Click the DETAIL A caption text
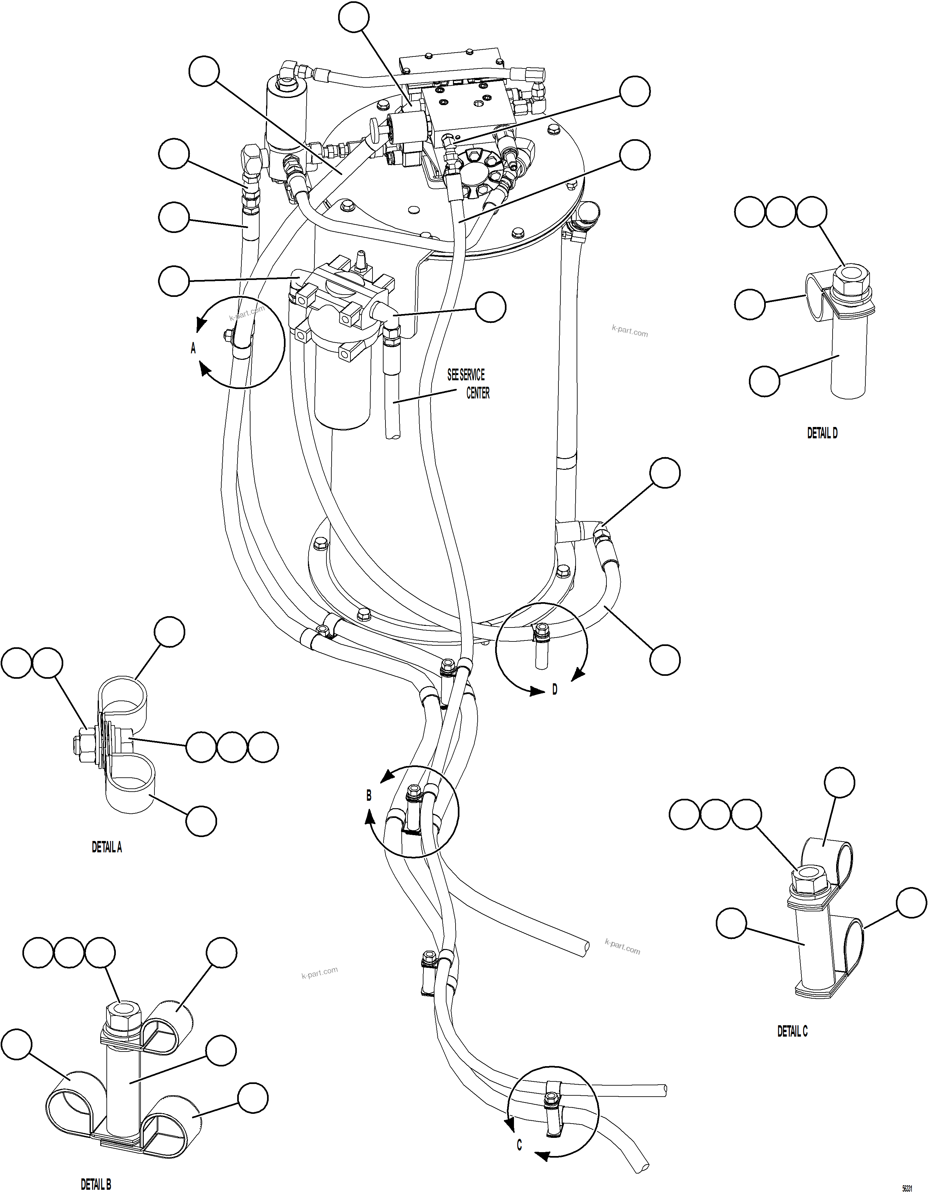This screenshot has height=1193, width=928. pos(106,847)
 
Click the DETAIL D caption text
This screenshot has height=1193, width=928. pos(822,433)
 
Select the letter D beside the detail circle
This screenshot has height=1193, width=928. pos(555,690)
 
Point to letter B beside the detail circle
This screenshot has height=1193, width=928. pos(369,796)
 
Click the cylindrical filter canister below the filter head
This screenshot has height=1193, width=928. pos(343,388)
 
